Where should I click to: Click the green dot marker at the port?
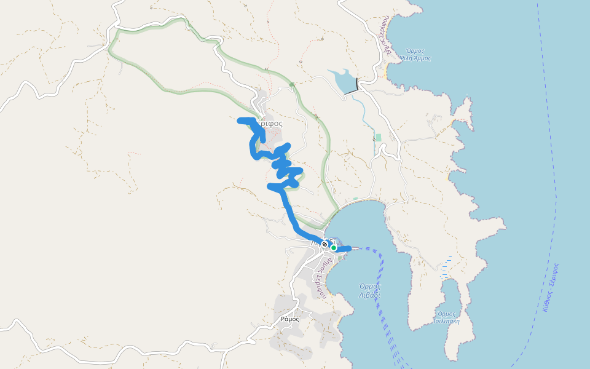tap(334, 248)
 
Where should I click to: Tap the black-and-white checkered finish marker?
tap(324, 244)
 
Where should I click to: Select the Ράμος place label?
tap(289, 319)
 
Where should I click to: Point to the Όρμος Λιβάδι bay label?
tap(369, 290)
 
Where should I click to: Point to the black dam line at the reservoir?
tap(352, 92)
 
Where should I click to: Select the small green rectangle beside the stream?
tap(378, 137)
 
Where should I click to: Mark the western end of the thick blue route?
tap(240, 121)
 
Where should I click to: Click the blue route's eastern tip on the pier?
tap(348, 248)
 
